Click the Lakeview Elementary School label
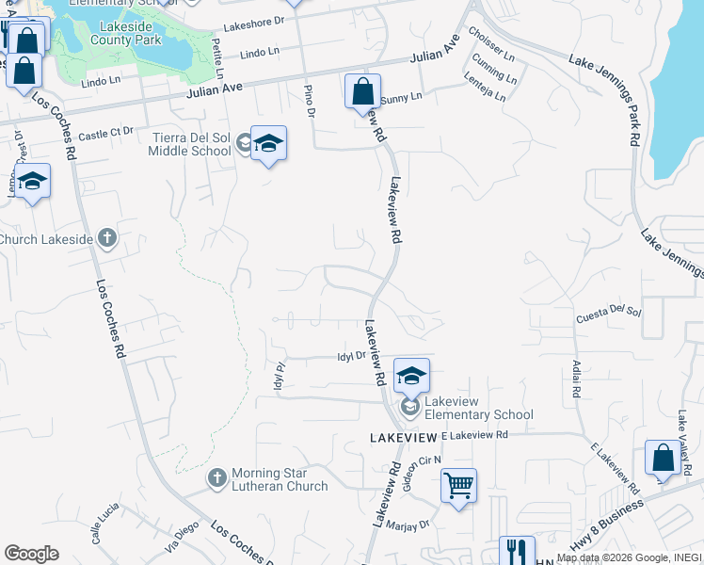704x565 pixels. point(478,408)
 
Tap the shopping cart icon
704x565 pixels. point(458,486)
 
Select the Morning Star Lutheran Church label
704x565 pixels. point(268,479)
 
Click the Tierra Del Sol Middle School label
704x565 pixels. point(191,143)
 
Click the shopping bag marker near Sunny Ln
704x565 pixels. point(362,91)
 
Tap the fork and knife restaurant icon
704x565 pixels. point(516,549)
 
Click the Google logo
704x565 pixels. point(31,553)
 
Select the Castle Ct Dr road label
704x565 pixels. point(105,135)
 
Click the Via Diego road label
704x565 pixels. point(184,535)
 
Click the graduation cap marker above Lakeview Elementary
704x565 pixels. point(411,375)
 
